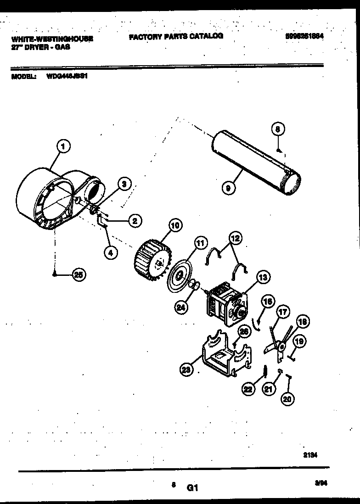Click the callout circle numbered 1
pyautogui.click(x=64, y=147)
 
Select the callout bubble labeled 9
pyautogui.click(x=228, y=187)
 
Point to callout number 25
pyautogui.click(x=79, y=275)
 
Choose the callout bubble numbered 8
pyautogui.click(x=277, y=130)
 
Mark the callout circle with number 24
pyautogui.click(x=182, y=308)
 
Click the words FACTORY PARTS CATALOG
pyautogui.click(x=176, y=36)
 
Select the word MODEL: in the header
pyautogui.click(x=23, y=77)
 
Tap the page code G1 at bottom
pyautogui.click(x=192, y=489)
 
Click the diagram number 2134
pyautogui.click(x=311, y=455)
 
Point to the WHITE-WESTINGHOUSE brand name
pyautogui.click(x=52, y=39)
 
